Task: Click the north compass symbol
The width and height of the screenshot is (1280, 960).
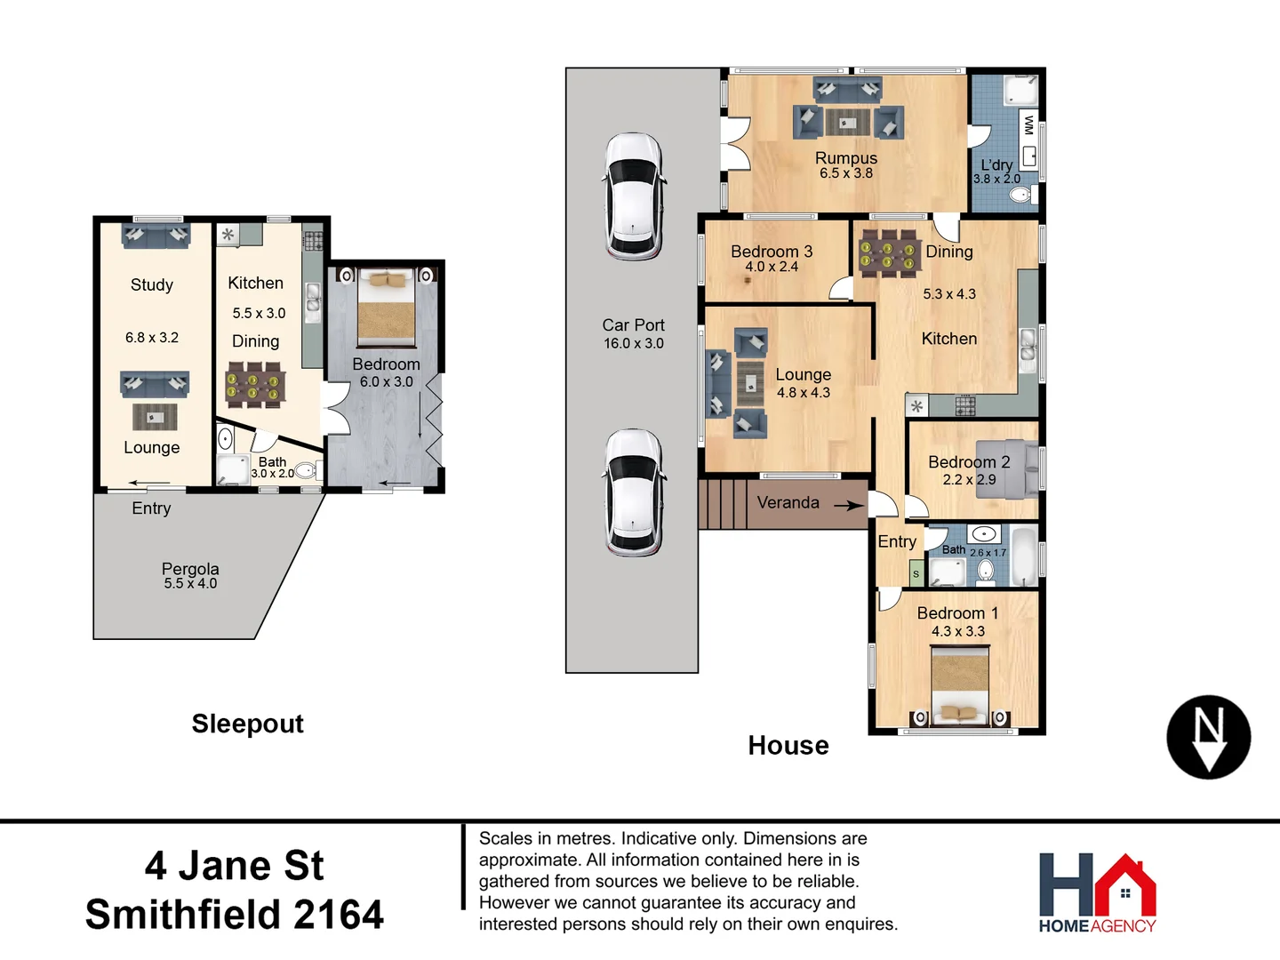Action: point(1208,737)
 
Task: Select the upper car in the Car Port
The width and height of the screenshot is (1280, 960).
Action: point(633,196)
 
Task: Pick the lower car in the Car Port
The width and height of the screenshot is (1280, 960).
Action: point(633,492)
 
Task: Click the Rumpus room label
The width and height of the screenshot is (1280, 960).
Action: point(845,158)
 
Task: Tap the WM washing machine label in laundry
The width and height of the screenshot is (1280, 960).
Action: point(1028,124)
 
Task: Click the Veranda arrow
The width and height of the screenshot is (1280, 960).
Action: point(848,505)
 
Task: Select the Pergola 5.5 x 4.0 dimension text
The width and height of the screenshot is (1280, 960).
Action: point(190,584)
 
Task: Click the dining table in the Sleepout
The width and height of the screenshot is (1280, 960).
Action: point(255,385)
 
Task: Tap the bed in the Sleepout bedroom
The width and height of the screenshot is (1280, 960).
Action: point(386,308)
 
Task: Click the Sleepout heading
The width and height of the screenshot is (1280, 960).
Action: point(247,724)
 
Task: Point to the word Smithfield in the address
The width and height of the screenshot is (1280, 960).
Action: point(182,915)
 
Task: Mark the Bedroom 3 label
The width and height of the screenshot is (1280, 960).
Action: point(772,252)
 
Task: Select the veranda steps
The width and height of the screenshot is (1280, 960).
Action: point(721,504)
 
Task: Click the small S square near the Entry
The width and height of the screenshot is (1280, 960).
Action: point(916,574)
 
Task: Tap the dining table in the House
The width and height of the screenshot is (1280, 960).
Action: point(886,254)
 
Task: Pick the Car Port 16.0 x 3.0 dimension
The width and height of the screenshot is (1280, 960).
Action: point(633,344)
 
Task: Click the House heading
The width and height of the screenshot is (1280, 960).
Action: point(788,746)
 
